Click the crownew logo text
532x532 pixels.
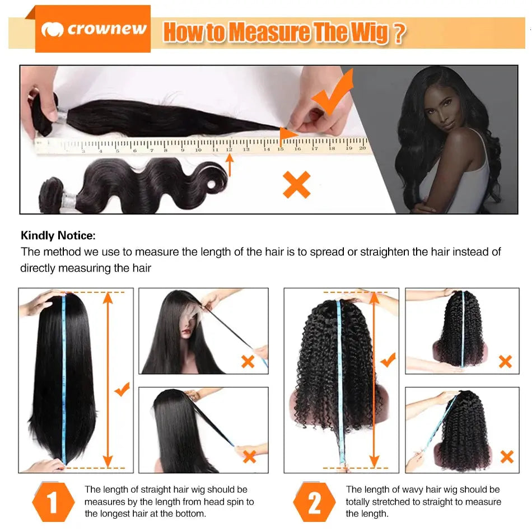106,29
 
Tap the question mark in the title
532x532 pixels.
398,33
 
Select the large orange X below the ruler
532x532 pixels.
296,185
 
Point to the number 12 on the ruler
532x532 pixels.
229,149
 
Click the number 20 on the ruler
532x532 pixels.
362,148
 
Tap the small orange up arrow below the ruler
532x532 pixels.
229,166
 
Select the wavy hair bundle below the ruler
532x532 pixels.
134,182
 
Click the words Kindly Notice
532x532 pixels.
58,236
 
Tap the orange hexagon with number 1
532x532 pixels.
53,502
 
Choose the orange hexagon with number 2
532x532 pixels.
314,502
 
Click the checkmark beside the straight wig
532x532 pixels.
122,389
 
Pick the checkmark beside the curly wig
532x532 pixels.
388,360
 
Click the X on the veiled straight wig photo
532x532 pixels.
248,361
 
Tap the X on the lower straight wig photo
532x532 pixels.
249,456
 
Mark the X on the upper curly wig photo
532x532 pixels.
505,361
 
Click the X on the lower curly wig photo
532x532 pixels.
506,456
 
